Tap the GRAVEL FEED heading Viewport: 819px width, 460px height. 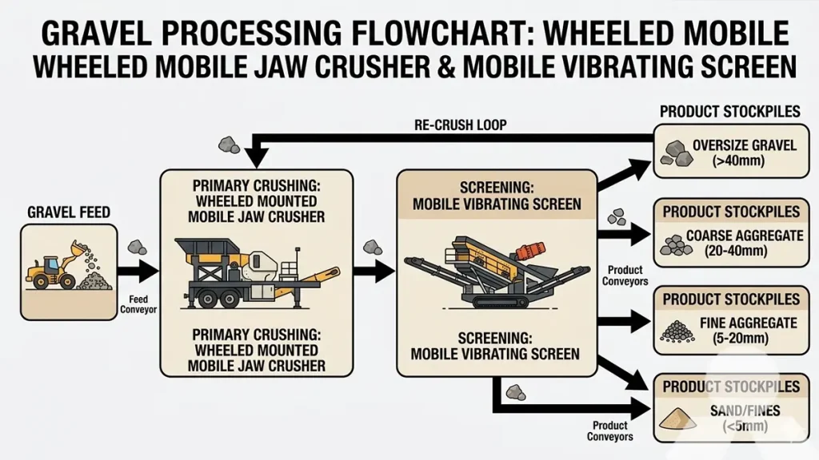tap(69, 212)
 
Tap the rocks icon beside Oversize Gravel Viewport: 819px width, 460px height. tap(675, 154)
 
